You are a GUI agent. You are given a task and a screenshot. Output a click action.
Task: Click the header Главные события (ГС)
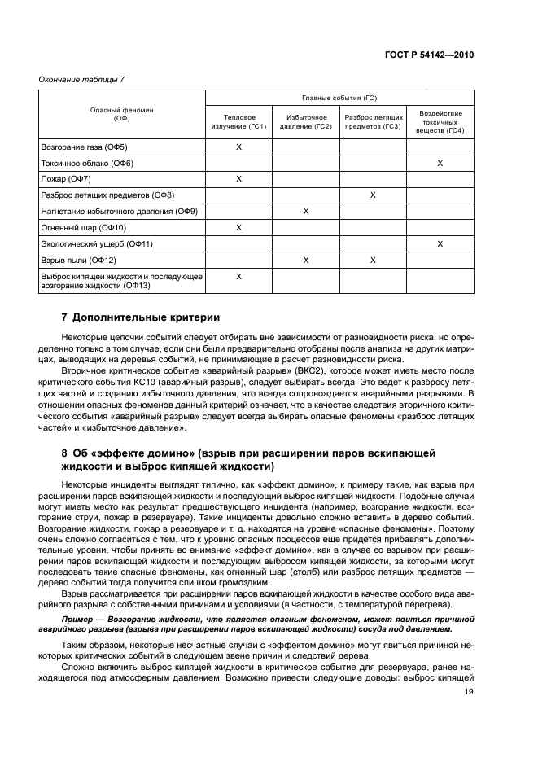pyautogui.click(x=339, y=98)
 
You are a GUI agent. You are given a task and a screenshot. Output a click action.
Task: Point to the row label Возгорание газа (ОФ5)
pyautogui.click(x=84, y=147)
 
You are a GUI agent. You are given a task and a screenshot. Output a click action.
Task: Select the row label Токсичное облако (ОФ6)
pyautogui.click(x=86, y=164)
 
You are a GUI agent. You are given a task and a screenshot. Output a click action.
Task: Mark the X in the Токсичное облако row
pyautogui.click(x=440, y=164)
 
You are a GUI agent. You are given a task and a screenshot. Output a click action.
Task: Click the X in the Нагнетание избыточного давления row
pyautogui.click(x=305, y=212)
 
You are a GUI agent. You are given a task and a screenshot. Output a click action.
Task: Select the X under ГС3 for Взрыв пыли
pyautogui.click(x=373, y=261)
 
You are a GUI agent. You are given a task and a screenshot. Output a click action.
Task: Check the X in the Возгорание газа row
pyautogui.click(x=238, y=147)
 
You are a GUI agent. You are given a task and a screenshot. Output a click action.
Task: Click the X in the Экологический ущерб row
pyautogui.click(x=440, y=244)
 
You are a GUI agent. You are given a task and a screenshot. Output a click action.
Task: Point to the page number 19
pyautogui.click(x=469, y=692)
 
